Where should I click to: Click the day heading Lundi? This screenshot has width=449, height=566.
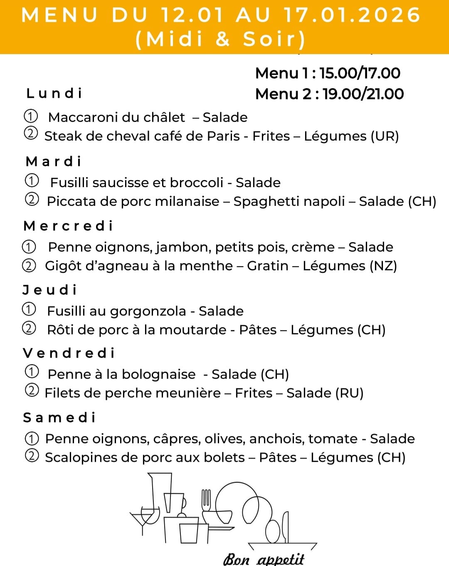pyautogui.click(x=54, y=93)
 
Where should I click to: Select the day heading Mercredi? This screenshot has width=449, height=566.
pyautogui.click(x=68, y=226)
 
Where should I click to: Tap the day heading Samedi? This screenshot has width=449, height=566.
pyautogui.click(x=59, y=417)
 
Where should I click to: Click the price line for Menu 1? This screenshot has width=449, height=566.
pyautogui.click(x=328, y=73)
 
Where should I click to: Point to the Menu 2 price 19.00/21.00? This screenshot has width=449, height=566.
pyautogui.click(x=363, y=94)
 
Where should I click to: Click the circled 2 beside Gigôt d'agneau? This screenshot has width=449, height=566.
pyautogui.click(x=29, y=265)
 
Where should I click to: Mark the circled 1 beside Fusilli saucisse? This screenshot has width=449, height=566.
pyautogui.click(x=32, y=181)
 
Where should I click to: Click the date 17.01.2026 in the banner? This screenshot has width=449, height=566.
pyautogui.click(x=352, y=15)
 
